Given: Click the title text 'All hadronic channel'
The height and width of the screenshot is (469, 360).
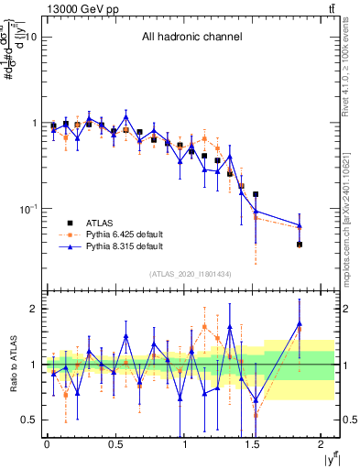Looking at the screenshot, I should pos(191,38).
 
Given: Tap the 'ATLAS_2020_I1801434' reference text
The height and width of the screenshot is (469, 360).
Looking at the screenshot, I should pos(190,274).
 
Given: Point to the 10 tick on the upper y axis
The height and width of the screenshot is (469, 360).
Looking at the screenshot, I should pos(30,38).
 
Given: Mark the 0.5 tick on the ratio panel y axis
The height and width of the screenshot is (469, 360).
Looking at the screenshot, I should pos(27,420).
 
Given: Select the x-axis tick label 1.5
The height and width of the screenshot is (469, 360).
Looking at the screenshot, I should pos(253,444).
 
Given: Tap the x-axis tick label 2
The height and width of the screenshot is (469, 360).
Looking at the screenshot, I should pos(322,444).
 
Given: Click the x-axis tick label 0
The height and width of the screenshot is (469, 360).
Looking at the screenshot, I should pos(47,444).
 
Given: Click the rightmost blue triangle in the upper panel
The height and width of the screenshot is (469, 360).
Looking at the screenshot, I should pos(300,225).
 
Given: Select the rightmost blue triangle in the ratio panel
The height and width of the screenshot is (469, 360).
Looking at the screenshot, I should pos(300,323).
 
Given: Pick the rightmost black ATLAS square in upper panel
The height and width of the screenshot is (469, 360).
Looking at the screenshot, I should pos(300,245).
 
